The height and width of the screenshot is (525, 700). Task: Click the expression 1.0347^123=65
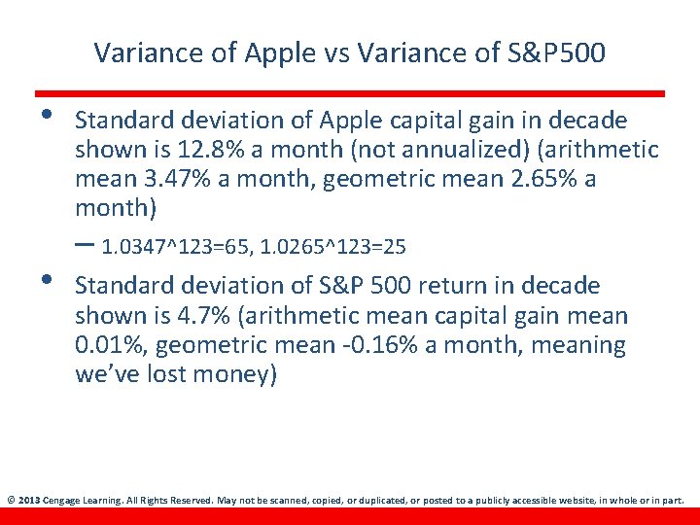(176, 248)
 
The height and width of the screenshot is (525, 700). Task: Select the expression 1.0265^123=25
(333, 248)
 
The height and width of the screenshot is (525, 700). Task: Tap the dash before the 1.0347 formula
(85, 245)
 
